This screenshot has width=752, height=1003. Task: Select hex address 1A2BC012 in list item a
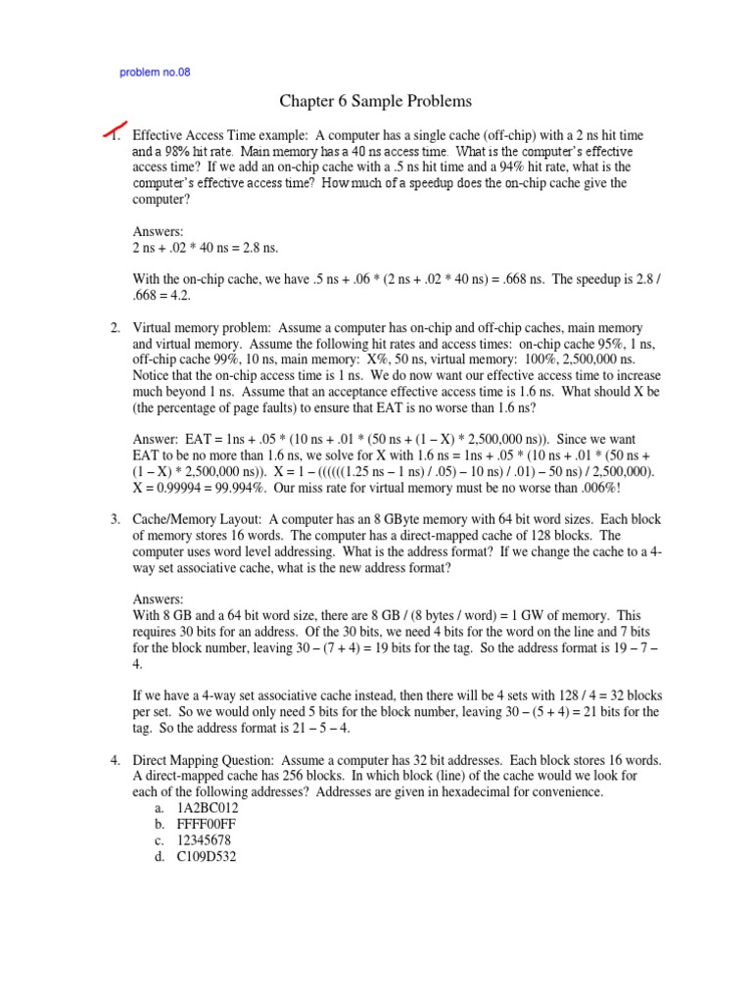click(208, 808)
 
